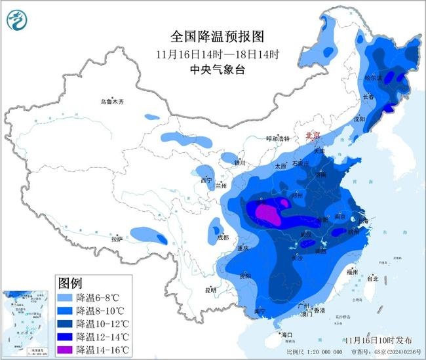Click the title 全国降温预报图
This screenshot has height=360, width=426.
[207, 37]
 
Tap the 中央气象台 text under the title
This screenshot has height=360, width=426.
[207, 70]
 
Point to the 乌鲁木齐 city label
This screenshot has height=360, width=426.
[112, 102]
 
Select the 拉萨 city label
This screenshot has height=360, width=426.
[117, 239]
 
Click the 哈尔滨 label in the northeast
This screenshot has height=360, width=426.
[372, 77]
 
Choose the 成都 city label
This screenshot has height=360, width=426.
[223, 237]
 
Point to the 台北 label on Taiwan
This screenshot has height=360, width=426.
[373, 278]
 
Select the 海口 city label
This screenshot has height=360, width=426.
[286, 334]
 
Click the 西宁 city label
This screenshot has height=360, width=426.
[206, 180]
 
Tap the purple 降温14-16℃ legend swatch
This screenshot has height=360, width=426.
[66, 350]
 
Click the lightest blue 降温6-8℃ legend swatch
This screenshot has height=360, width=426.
[66, 297]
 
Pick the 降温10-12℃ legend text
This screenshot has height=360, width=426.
[100, 323]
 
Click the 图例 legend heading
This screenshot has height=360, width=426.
[71, 283]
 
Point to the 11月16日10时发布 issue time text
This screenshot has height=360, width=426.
[378, 340]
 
